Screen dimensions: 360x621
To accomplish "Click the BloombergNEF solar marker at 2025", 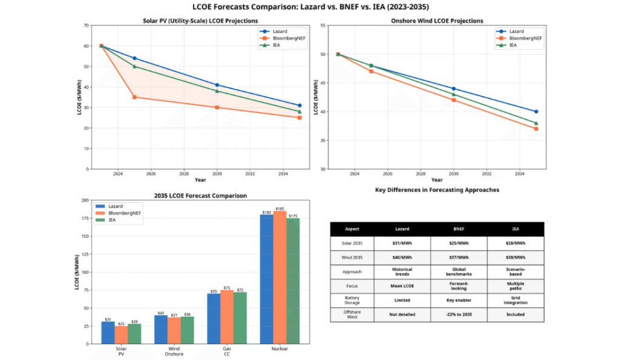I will coord(134,97).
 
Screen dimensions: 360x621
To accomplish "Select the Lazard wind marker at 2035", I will coord(536,112).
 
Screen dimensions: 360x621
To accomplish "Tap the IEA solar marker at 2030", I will coord(217,91).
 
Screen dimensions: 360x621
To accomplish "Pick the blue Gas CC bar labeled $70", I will coord(213,318).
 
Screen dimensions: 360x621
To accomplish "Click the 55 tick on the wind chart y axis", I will coord(322,25).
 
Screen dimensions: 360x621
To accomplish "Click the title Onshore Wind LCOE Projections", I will coord(437,21).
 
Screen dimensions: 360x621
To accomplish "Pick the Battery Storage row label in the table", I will coord(352,300).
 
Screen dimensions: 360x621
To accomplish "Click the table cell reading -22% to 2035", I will coord(459,314).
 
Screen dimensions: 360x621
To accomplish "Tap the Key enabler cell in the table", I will coord(459,300).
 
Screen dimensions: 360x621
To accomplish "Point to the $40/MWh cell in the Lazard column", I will coord(402,257).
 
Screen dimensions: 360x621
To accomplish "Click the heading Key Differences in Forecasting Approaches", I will coord(437,190).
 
